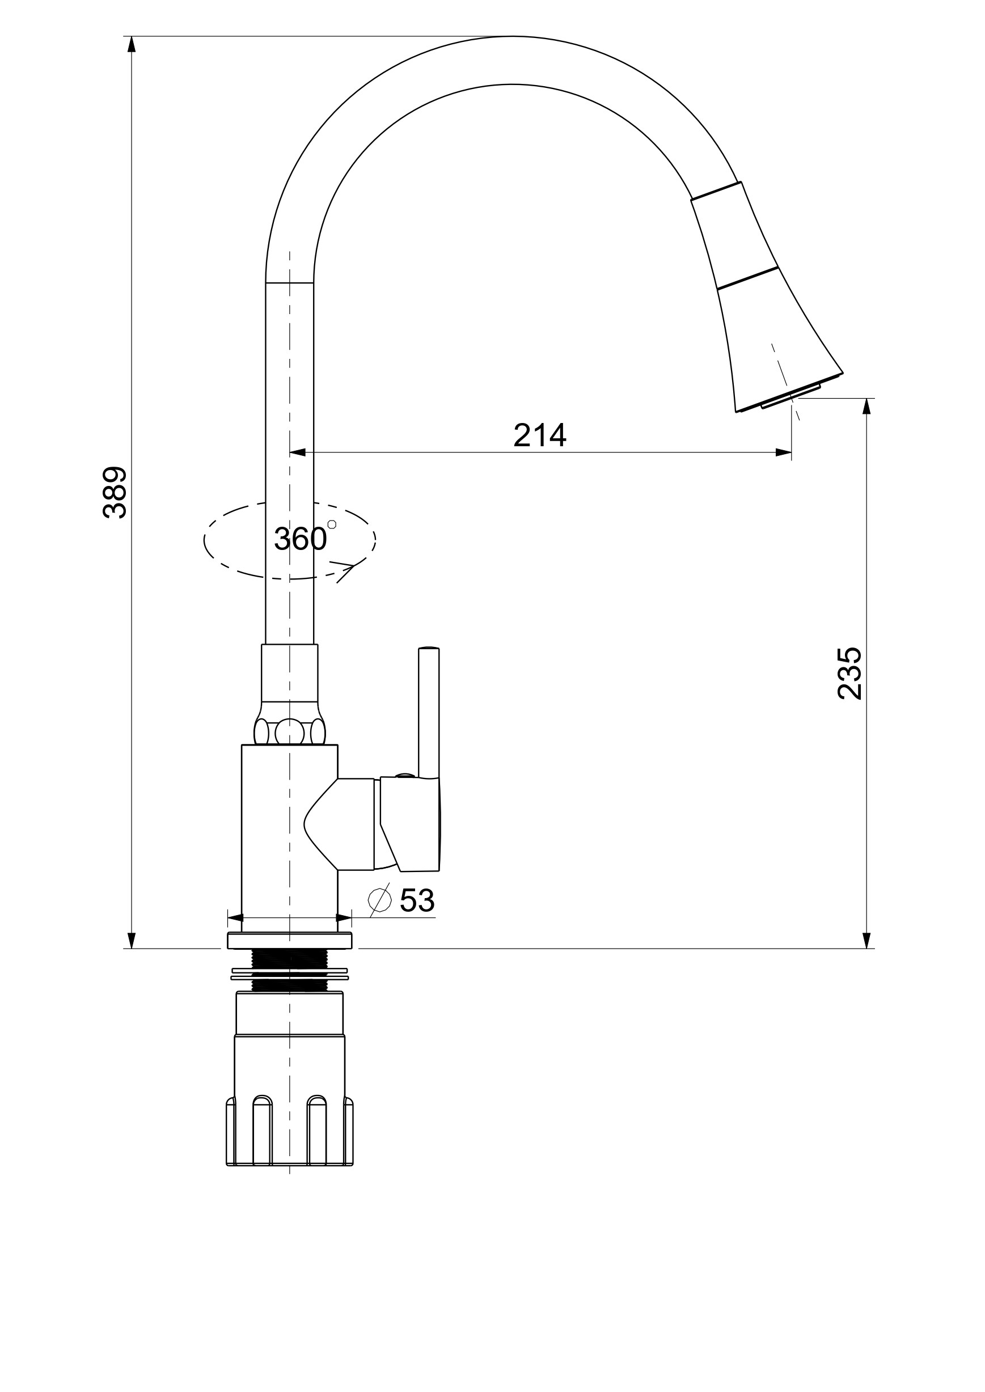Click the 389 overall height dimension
pos(115,492)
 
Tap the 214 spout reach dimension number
pos(539,435)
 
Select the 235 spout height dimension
pos(848,673)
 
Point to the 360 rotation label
pos(300,539)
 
